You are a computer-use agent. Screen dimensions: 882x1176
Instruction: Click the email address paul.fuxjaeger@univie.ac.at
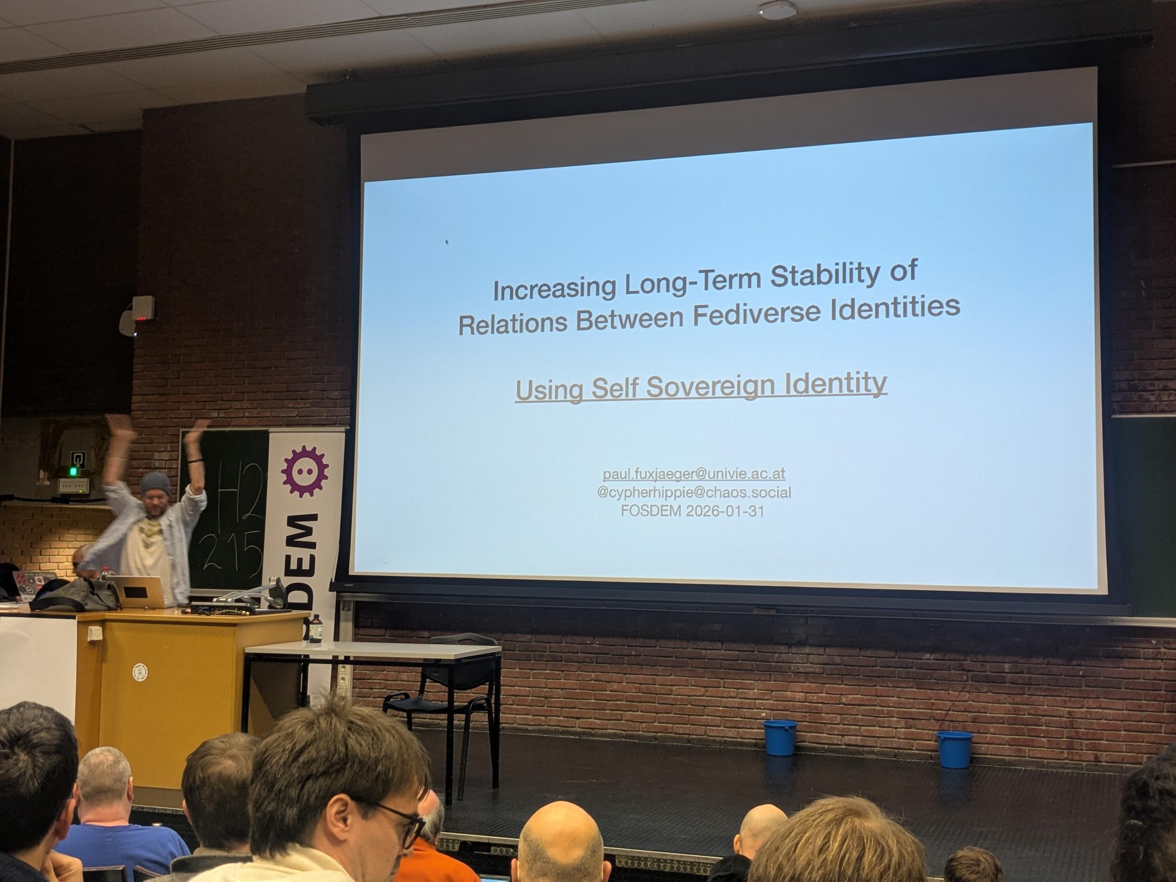[694, 474]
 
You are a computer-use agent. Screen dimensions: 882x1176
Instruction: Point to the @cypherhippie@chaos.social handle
[694, 492]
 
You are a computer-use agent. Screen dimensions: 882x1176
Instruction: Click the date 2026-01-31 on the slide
[725, 511]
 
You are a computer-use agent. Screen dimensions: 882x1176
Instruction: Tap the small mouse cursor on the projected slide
[447, 242]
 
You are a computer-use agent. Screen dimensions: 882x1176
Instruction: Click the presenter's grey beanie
[155, 484]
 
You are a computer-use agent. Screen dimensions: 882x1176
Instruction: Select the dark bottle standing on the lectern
[315, 628]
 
